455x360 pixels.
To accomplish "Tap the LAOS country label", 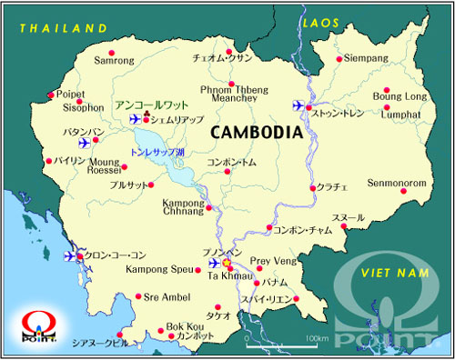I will pyautogui.click(x=320, y=21).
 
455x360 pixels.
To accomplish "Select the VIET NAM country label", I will pyautogui.click(x=393, y=273).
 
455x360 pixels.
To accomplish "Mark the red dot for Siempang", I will pyautogui.click(x=339, y=59).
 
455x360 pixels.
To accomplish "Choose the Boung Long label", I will pyautogui.click(x=399, y=95).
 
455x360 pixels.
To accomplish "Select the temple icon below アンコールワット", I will pyautogui.click(x=146, y=112).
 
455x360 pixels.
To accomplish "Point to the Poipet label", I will pyautogui.click(x=69, y=93).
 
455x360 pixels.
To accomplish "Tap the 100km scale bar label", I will pyautogui.click(x=318, y=339).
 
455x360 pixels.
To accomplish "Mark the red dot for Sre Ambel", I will pyautogui.click(x=137, y=295).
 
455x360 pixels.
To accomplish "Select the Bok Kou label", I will pyautogui.click(x=185, y=326).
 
